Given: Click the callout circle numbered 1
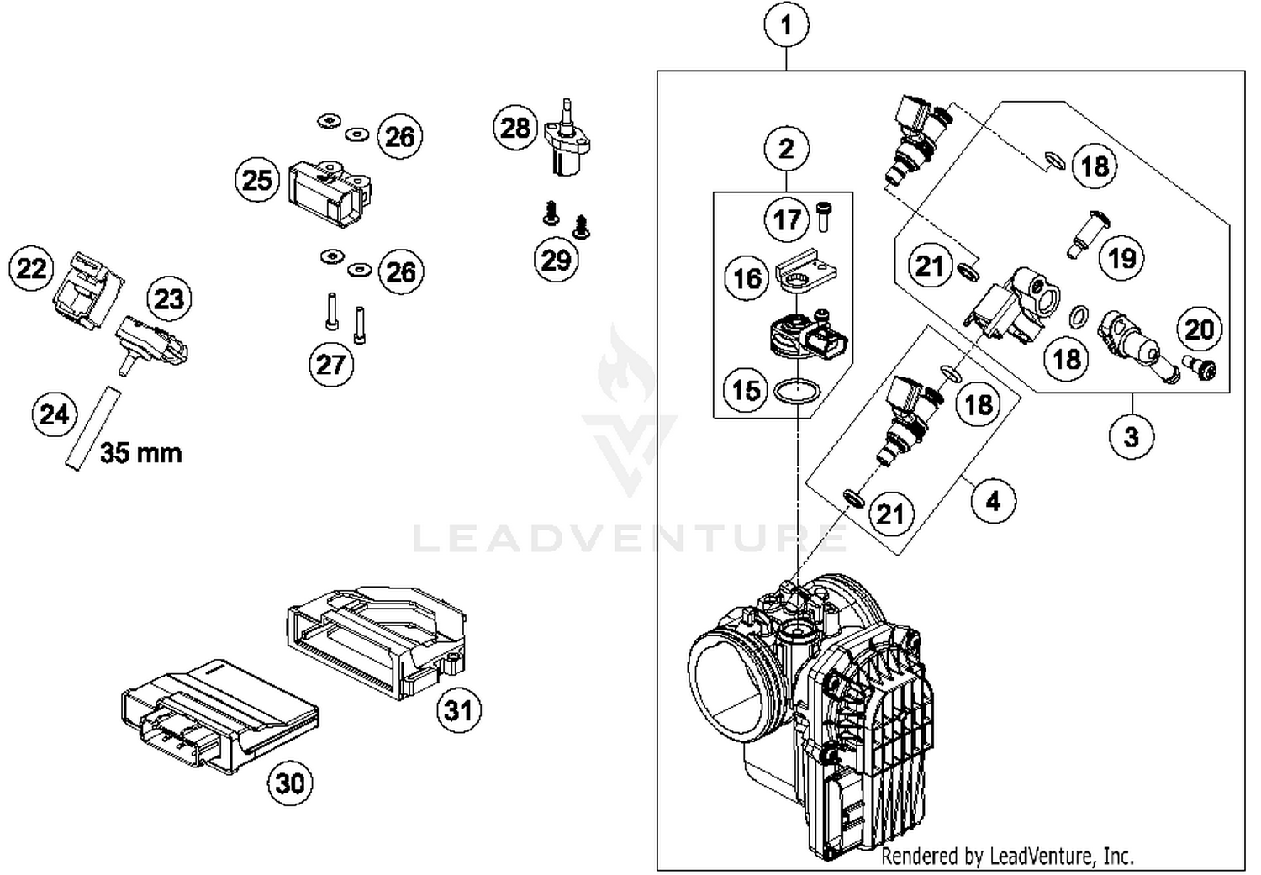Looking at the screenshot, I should [786, 25].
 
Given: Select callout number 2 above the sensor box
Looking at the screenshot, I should [786, 149].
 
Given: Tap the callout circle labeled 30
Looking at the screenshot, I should [290, 783].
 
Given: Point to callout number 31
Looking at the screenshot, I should [458, 710].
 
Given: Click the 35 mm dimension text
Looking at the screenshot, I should [140, 453].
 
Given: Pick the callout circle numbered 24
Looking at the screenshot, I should [55, 414].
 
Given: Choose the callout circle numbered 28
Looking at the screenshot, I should [515, 128].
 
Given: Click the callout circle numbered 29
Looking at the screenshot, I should [557, 260].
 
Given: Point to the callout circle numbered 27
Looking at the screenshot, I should [330, 364].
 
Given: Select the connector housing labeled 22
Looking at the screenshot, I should [87, 288].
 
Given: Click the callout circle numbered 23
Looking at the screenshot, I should [169, 298].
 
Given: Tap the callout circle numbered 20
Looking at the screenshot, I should [1200, 329].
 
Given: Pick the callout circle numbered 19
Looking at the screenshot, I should [1122, 257].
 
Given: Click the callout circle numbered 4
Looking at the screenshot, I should [993, 501].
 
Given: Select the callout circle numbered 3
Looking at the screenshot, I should [1132, 436].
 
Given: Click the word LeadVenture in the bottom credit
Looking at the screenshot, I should [1041, 857].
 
